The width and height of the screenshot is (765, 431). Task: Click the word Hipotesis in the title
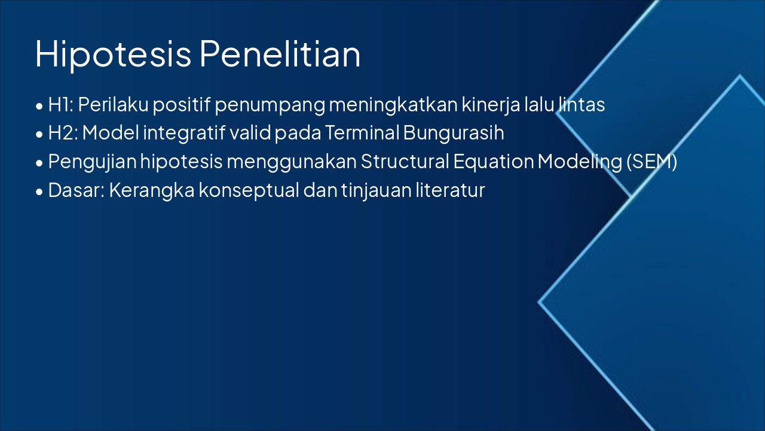pyautogui.click(x=114, y=54)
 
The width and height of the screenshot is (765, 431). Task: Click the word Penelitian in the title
pyautogui.click(x=280, y=54)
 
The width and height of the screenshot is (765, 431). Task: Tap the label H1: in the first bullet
pyautogui.click(x=60, y=105)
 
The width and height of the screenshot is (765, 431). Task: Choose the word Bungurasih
pyautogui.click(x=454, y=133)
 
